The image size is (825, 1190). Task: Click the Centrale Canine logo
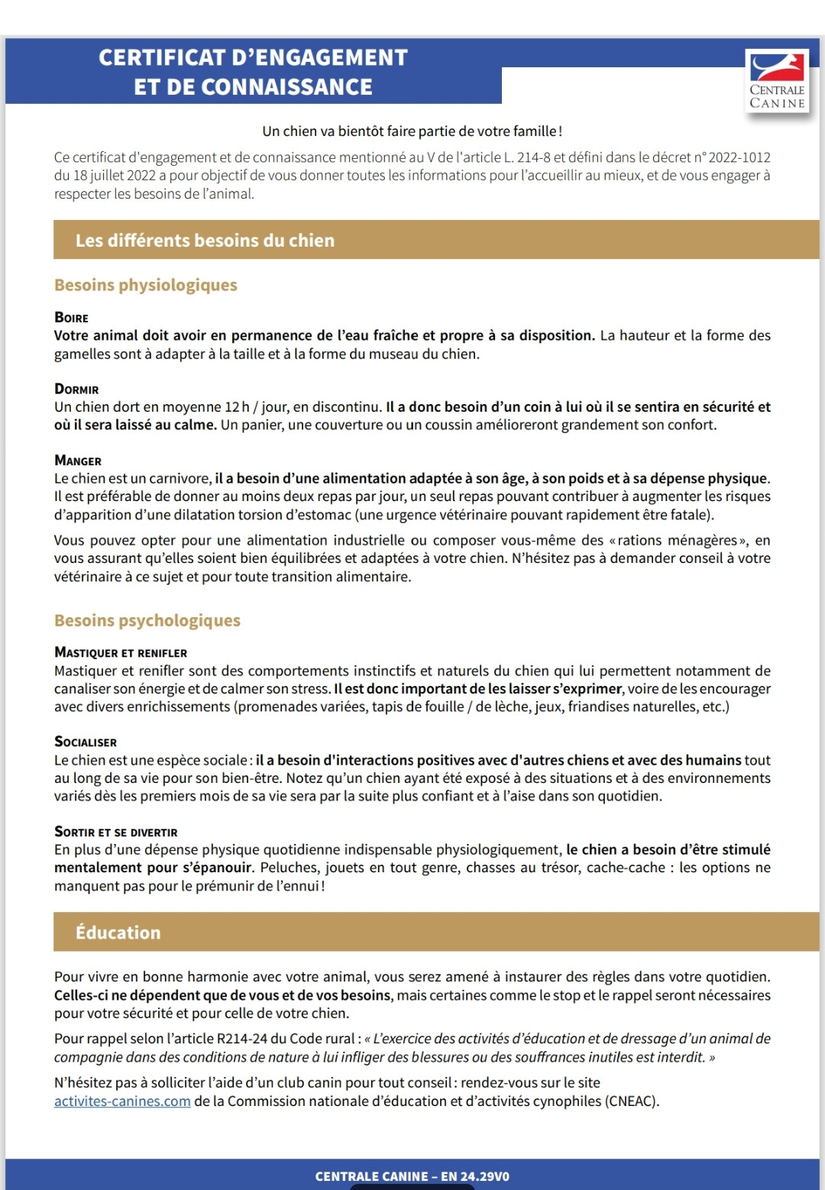point(777,80)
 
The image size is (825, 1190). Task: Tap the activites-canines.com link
point(122,1101)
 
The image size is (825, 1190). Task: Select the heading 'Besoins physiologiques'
point(145,285)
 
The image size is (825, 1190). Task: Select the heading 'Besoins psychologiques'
point(147,620)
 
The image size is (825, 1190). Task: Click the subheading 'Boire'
point(71,318)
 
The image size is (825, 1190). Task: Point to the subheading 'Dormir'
point(76,390)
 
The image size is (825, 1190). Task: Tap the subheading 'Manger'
point(78,461)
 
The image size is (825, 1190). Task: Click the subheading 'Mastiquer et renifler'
point(121,653)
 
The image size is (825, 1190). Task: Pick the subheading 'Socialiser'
point(86,742)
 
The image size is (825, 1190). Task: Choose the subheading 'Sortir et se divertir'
point(115,832)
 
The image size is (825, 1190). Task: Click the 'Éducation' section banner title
point(118,933)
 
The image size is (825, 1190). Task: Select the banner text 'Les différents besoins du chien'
point(205,241)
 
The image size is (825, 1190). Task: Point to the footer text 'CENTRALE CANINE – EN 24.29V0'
point(412,1176)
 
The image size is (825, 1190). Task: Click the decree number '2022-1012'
point(739,157)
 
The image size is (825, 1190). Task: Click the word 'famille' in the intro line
point(533,131)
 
